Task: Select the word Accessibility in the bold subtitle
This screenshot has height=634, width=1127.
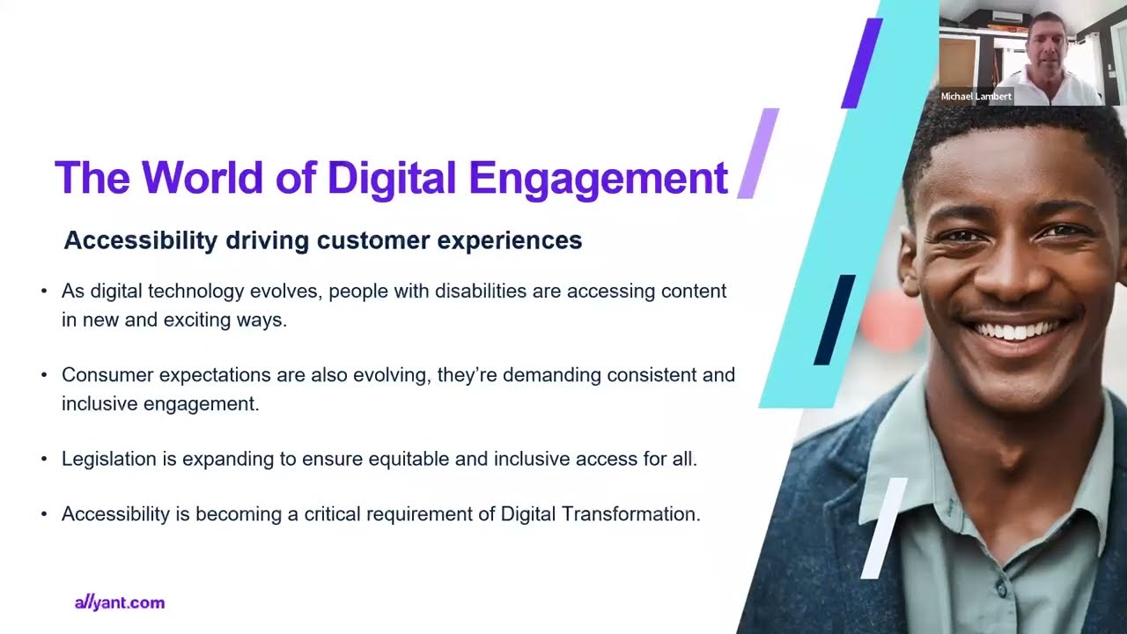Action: [141, 240]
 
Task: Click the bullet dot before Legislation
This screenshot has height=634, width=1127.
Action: [44, 460]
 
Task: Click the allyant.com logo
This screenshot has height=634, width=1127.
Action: [120, 603]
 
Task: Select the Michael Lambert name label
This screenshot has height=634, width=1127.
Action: [976, 97]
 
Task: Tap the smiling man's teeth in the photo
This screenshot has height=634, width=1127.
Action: [1015, 332]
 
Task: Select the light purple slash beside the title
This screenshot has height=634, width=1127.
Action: [758, 153]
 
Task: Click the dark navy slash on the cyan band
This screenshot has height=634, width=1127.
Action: [834, 320]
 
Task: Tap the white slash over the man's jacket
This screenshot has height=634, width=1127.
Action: [883, 528]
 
